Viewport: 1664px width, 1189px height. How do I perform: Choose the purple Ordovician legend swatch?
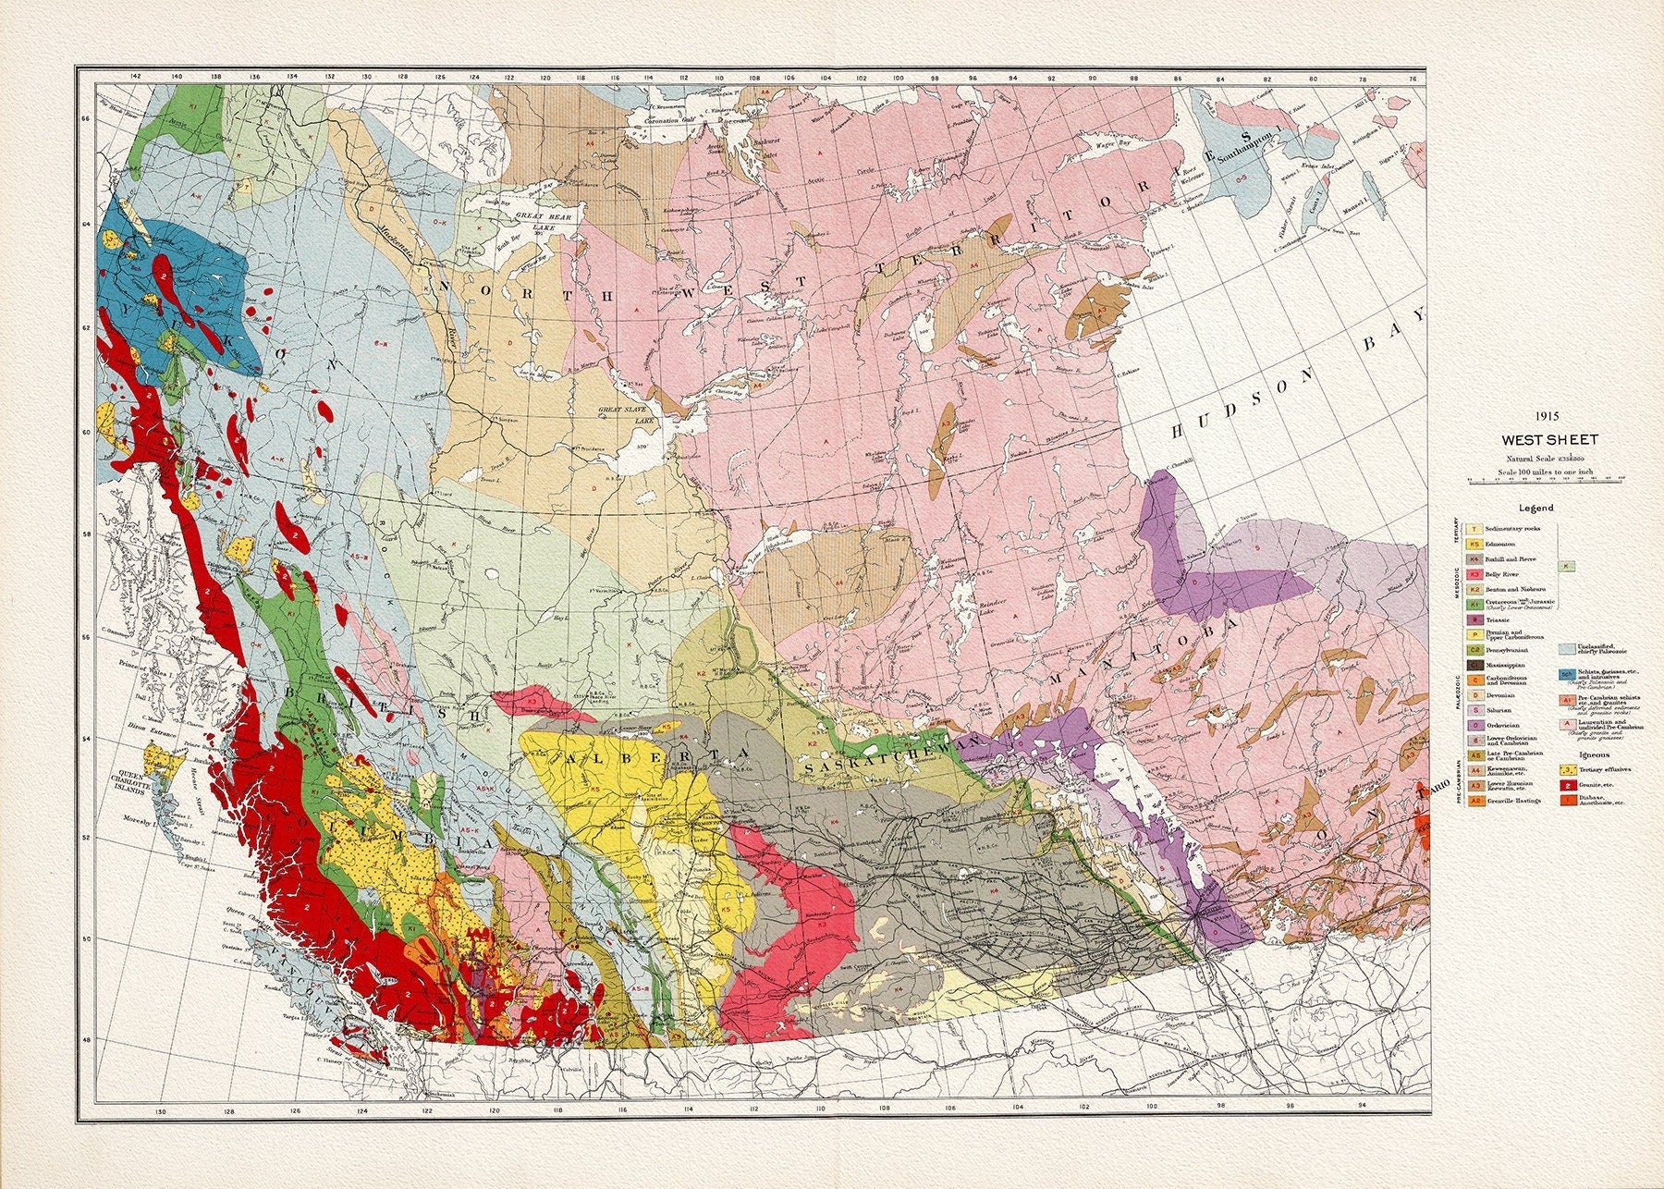tap(1475, 725)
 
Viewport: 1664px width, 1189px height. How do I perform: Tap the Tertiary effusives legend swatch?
tap(1568, 769)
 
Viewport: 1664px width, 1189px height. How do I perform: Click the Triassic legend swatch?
tap(1475, 619)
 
